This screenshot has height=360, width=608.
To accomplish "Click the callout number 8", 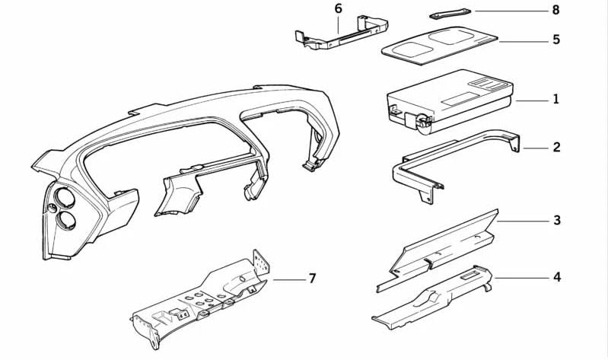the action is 556,10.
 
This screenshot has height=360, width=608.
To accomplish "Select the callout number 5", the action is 556,40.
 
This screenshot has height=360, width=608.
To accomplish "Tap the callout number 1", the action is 556,99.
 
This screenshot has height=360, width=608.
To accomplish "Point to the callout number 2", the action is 557,148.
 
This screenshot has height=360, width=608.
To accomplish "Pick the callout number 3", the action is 557,221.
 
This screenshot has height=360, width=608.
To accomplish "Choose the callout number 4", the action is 557,277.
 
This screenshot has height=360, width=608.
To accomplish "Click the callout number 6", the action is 339,9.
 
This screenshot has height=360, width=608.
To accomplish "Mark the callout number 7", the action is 312,278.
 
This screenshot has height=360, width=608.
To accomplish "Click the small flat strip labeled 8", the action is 450,14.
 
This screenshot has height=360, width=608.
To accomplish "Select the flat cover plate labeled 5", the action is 439,46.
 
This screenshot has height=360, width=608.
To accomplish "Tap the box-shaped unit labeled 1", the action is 450,102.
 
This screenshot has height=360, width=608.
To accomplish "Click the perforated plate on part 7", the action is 261,263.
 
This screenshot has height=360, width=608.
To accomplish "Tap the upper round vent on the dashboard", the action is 65,198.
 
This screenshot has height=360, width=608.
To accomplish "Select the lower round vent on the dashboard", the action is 66,221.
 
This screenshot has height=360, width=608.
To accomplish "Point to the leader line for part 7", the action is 289,279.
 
